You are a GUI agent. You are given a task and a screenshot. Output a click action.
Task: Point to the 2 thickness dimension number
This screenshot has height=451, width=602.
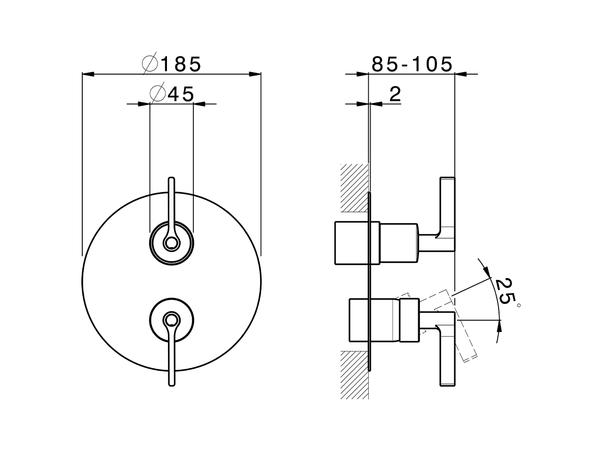tap(395, 94)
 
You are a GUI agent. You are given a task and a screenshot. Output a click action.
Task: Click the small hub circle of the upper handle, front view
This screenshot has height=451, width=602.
tap(171, 243)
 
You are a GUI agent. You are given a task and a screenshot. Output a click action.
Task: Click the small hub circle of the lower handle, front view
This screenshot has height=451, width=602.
tap(171, 320)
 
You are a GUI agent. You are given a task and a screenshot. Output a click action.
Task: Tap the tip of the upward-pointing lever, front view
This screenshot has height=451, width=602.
tap(171, 179)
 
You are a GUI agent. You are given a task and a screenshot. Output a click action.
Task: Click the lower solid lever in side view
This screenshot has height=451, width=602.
tap(447, 357)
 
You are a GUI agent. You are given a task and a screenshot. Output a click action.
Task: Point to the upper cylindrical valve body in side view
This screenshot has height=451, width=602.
tap(376, 241)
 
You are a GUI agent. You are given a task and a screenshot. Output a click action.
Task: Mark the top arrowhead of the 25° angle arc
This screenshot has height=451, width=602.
tap(486, 272)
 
